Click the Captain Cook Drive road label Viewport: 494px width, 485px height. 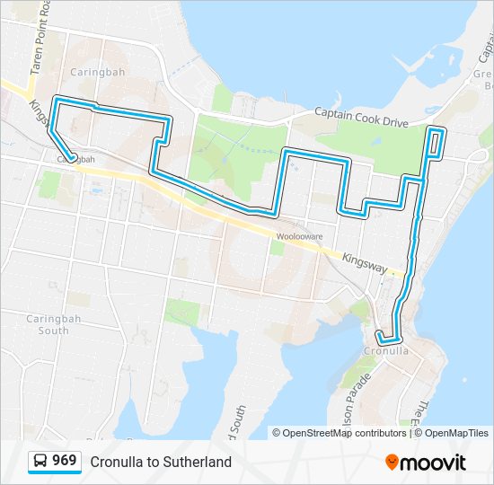click(361, 116)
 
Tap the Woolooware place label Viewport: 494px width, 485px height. click(299, 236)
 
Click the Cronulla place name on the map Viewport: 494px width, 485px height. click(387, 350)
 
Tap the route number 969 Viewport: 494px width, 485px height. click(64, 461)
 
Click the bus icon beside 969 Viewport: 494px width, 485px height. click(40, 462)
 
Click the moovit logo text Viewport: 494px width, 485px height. click(433, 463)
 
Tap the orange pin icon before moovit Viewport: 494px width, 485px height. click(392, 462)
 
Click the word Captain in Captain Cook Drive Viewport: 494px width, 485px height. click(332, 112)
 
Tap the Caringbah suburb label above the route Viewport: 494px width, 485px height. click(91, 70)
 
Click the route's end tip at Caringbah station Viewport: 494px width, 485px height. click(71, 160)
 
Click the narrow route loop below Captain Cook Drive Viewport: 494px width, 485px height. click(436, 143)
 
